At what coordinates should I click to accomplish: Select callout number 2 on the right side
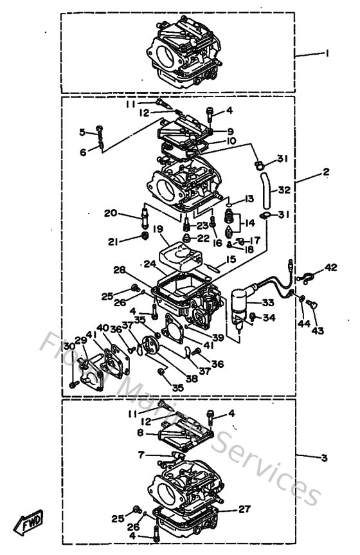pyautogui.click(x=326, y=172)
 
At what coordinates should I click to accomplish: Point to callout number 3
pyautogui.click(x=324, y=458)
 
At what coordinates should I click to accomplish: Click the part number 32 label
pyautogui.click(x=284, y=190)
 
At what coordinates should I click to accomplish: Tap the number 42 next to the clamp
pyautogui.click(x=330, y=267)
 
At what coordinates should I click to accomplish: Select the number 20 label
pyautogui.click(x=110, y=213)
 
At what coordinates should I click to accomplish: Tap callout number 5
pyautogui.click(x=82, y=132)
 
